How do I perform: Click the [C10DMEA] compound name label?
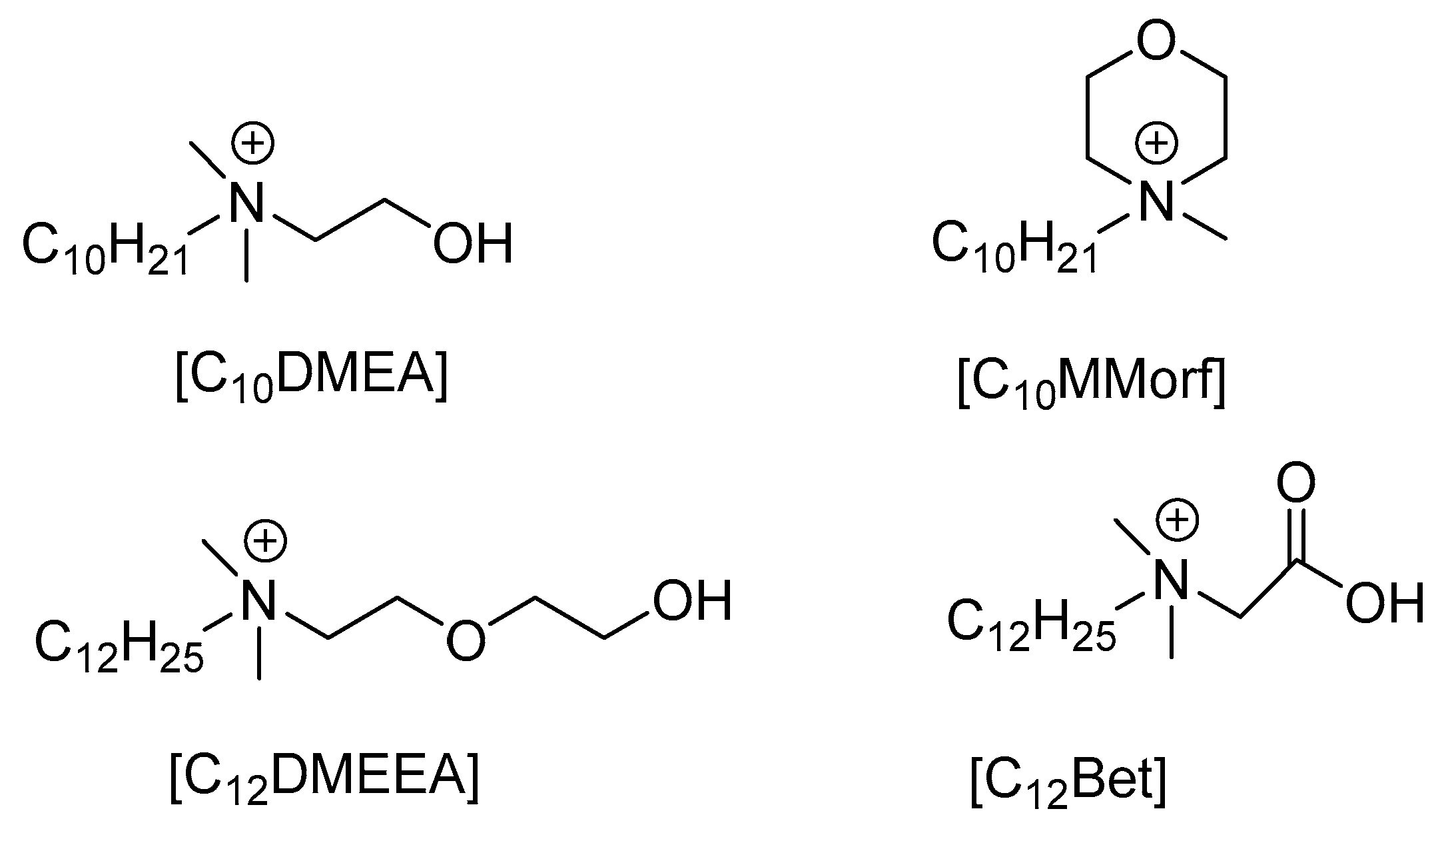click(x=311, y=380)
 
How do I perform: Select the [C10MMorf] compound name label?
click(x=1090, y=387)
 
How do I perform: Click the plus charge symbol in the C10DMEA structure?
click(x=254, y=145)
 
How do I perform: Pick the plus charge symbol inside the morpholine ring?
click(x=1156, y=143)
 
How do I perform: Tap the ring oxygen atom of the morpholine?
click(x=1156, y=41)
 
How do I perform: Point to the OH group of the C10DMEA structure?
click(x=473, y=243)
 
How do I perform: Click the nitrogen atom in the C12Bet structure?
click(x=1171, y=580)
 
